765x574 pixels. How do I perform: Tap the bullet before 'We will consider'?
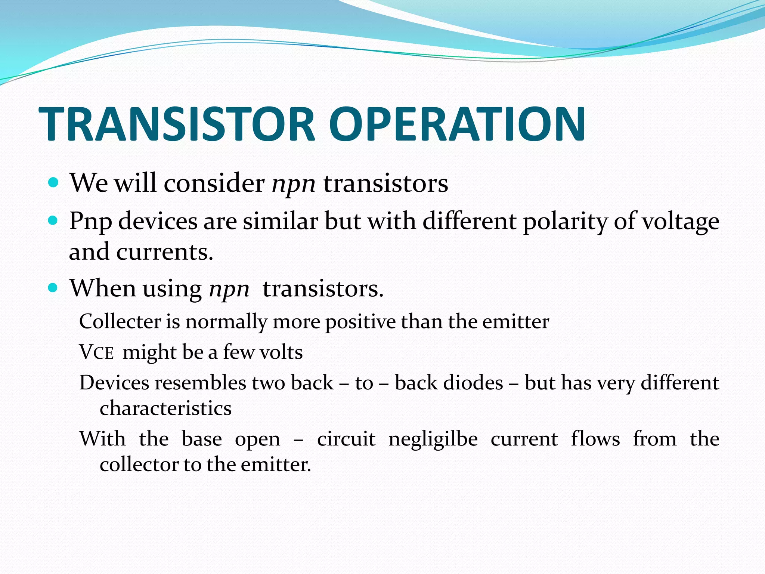point(53,183)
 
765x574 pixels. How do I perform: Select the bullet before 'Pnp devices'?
point(53,220)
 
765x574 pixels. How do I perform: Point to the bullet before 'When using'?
point(53,288)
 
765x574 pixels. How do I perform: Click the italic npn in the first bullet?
point(294,184)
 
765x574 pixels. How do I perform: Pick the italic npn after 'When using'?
point(229,290)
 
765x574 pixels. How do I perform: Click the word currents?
point(164,252)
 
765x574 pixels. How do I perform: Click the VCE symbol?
point(96,352)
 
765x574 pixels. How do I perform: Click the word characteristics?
point(165,408)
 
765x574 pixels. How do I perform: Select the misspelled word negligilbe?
point(433,439)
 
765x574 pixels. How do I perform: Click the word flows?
point(595,439)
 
